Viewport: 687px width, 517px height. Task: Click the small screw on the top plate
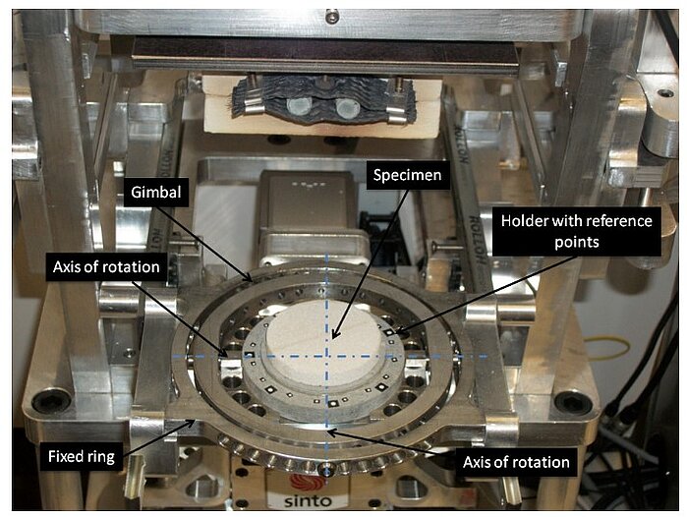click(332, 16)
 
